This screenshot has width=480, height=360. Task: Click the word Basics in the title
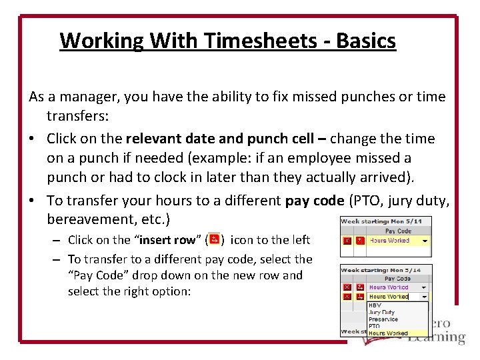coord(366,41)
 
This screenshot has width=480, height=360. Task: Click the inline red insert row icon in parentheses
coord(214,239)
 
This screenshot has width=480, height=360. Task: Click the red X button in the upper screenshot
coord(347,241)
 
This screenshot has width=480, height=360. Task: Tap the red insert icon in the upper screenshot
coord(360,241)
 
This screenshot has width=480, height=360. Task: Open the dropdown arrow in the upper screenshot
coord(425,241)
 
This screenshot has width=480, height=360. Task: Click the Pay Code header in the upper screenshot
coord(398,231)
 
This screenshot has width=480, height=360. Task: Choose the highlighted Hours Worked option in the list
coord(388,333)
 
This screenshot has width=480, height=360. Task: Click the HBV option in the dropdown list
coord(375,305)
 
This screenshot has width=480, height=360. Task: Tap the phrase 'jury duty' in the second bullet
coord(423,200)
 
